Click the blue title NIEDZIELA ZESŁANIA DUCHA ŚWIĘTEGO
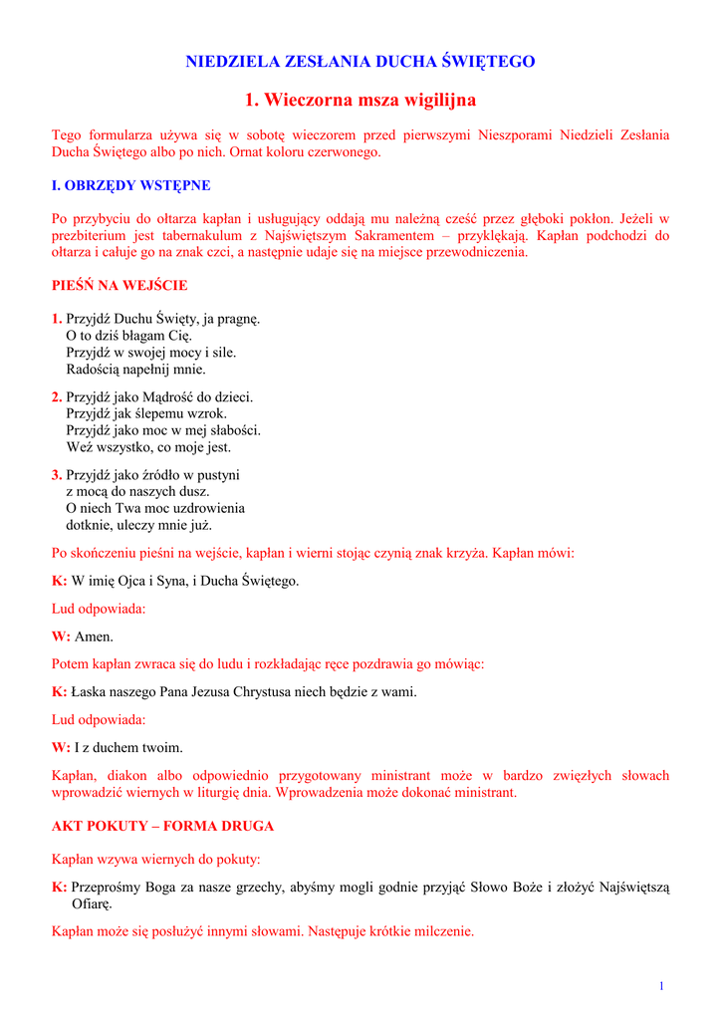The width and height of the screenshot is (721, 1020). (x=360, y=62)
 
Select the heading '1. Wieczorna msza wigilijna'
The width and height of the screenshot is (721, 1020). (x=360, y=101)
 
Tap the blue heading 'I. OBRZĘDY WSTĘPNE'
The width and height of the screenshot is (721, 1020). (x=130, y=185)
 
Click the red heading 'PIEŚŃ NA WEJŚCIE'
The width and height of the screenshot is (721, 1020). (x=120, y=286)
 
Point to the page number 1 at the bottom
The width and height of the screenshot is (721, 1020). (x=661, y=986)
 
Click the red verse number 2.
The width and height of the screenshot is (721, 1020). (x=57, y=397)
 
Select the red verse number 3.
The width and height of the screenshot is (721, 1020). (x=57, y=475)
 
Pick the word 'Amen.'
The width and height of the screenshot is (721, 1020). (x=95, y=637)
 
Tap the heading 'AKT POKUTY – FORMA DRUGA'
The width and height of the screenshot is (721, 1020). (x=162, y=827)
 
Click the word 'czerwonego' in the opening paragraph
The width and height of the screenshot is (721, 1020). (x=345, y=153)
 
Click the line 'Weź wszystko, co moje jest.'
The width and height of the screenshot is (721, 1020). (x=148, y=447)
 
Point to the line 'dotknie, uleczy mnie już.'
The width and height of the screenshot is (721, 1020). (x=138, y=525)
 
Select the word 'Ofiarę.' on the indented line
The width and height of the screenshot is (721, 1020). (x=92, y=904)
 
